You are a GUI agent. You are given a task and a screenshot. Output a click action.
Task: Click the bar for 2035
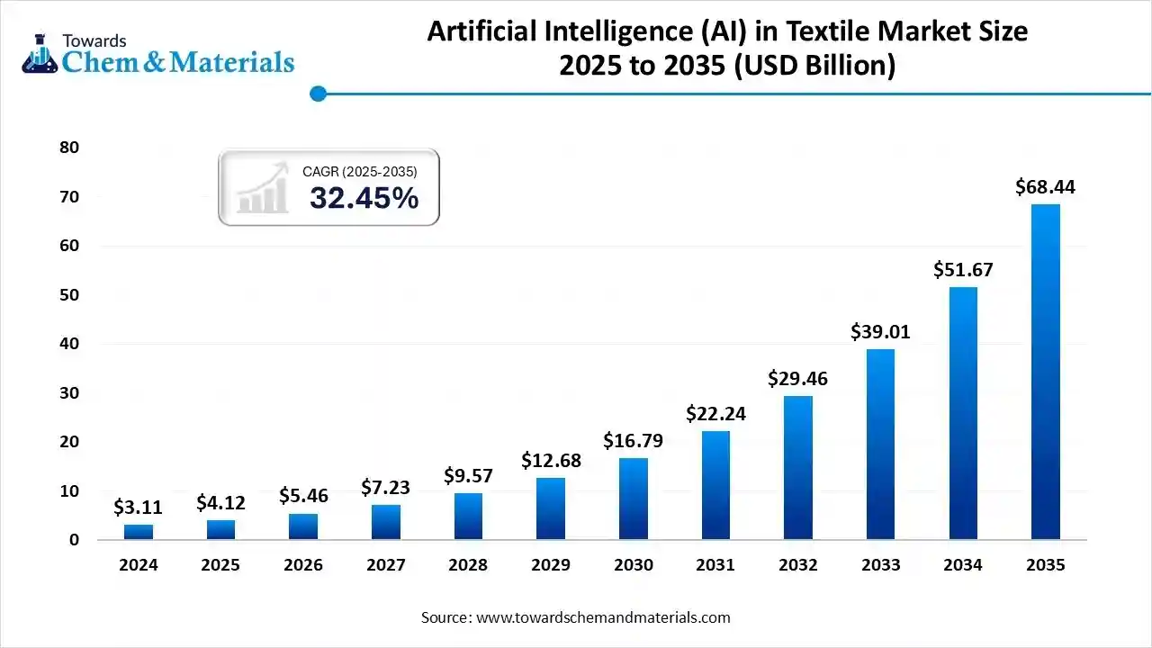pos(1045,372)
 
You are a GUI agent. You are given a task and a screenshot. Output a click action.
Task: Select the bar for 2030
pos(633,499)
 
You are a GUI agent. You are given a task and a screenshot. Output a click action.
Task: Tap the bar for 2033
pos(880,444)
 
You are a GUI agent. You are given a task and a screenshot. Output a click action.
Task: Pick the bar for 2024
pos(138,532)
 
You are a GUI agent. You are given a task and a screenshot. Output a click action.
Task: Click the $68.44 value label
pos(1045,187)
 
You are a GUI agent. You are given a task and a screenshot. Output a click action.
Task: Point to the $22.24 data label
pos(715,413)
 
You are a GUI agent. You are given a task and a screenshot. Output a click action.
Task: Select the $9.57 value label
pos(468,475)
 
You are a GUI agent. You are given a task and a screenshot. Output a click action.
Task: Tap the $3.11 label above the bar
pos(138,508)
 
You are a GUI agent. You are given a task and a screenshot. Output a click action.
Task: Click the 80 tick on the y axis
pos(69,148)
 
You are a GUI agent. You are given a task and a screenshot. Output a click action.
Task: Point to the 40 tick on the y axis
pos(69,344)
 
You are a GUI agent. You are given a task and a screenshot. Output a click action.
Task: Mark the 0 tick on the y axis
pos(74,540)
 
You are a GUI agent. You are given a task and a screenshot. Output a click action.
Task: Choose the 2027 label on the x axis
pos(385,565)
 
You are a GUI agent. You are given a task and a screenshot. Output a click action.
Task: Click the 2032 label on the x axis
pos(797,565)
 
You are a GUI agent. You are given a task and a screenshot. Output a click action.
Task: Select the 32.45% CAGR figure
pos(364,198)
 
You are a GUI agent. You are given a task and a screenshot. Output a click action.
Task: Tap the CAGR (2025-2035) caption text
pos(359,170)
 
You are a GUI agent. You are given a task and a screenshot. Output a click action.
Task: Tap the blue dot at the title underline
pos(317,94)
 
